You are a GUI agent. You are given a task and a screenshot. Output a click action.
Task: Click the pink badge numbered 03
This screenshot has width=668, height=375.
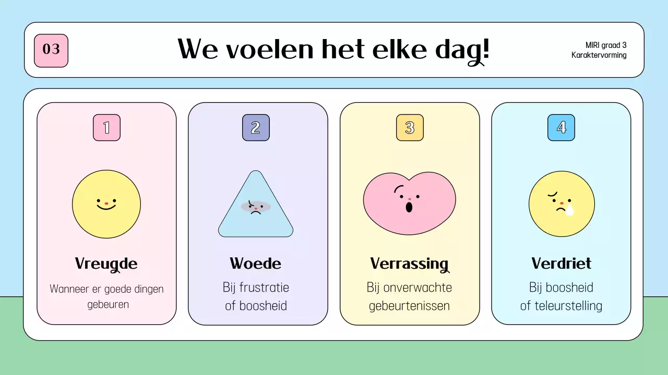click(51, 51)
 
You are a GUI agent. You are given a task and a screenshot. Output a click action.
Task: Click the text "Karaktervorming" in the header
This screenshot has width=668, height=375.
click(599, 55)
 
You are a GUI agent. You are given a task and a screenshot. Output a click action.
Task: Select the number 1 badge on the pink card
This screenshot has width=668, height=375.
click(106, 128)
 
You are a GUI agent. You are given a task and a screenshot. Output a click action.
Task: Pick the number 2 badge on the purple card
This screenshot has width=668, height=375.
click(256, 128)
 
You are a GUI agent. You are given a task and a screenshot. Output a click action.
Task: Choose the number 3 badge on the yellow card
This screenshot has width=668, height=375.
click(410, 128)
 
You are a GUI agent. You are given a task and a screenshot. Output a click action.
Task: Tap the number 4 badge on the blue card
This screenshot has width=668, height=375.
click(561, 128)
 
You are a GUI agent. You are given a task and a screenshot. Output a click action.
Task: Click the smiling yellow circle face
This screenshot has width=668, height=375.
click(106, 204)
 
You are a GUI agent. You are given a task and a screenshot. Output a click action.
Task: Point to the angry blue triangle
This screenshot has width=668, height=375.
click(256, 208)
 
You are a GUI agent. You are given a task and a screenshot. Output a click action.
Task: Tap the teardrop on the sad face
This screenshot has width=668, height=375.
click(570, 209)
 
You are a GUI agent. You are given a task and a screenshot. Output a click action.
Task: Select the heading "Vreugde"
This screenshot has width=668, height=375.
click(106, 264)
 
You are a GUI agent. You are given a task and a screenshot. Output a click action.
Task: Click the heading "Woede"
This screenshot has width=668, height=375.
click(256, 264)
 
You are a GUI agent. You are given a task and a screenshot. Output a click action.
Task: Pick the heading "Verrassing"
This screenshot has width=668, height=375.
click(410, 264)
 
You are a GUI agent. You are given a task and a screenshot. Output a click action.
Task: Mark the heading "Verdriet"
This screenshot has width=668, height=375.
click(561, 264)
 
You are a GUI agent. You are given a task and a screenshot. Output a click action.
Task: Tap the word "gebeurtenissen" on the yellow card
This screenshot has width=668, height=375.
click(410, 306)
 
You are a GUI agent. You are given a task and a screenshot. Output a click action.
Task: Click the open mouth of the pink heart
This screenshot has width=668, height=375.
click(409, 207)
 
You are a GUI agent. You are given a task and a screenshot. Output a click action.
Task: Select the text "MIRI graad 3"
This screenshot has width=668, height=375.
click(606, 45)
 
